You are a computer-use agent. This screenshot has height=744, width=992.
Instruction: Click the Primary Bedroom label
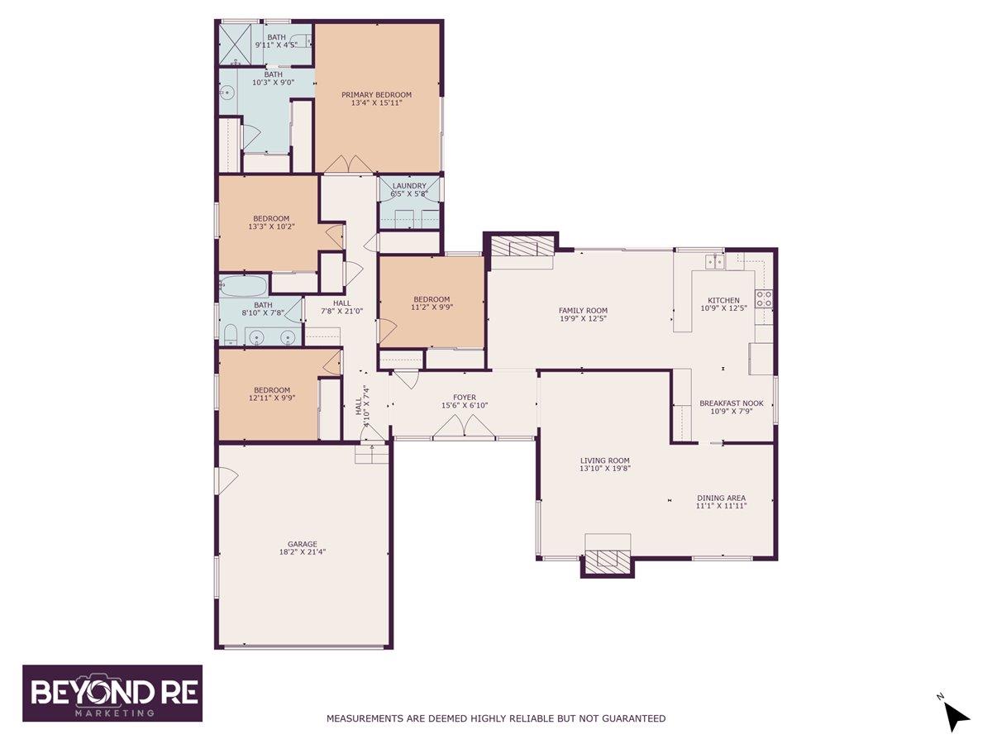click(x=376, y=95)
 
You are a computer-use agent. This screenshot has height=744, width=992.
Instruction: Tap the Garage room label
click(x=302, y=544)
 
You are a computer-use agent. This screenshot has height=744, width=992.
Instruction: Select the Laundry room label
click(x=409, y=186)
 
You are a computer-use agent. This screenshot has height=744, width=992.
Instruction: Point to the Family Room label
click(x=583, y=311)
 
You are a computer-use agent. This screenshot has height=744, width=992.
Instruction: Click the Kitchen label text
click(x=723, y=300)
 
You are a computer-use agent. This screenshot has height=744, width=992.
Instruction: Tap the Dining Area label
click(x=721, y=498)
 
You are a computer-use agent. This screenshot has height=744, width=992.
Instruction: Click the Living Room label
click(x=605, y=461)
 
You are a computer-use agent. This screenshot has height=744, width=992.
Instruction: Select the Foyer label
click(x=464, y=398)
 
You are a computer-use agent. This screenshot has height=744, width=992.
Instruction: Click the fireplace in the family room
click(x=521, y=247)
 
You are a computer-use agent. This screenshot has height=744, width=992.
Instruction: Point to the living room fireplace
click(x=608, y=561)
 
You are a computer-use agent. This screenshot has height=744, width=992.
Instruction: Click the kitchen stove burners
click(x=763, y=298)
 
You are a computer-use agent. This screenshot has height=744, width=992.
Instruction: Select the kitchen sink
click(x=714, y=261)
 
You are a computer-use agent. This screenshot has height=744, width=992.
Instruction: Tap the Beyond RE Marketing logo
click(x=112, y=693)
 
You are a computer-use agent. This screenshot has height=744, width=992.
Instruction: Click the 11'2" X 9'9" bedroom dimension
click(x=432, y=307)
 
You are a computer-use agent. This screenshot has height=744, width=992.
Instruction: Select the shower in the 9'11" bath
click(x=235, y=43)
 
